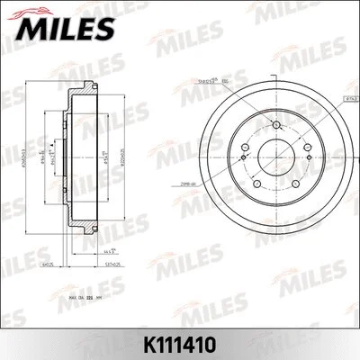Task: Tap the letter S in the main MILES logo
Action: point(102,30)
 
